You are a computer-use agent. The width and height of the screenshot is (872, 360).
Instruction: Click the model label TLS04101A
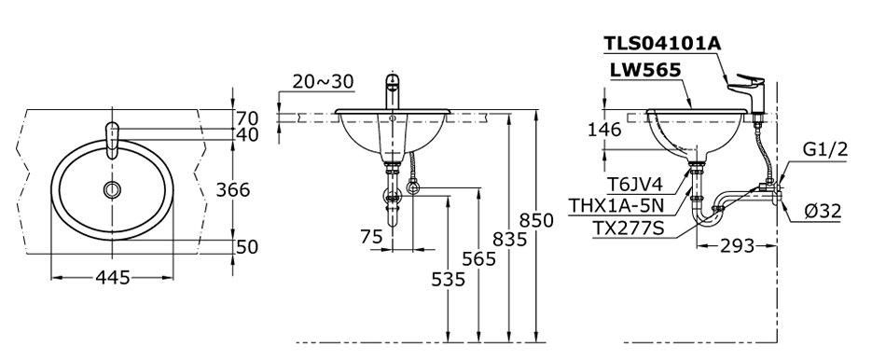pos(662,44)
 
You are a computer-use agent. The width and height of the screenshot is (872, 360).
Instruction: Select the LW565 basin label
pos(645,70)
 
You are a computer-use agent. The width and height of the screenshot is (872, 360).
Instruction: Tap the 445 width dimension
pos(112,277)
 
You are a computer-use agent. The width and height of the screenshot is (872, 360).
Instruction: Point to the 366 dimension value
pos(233,189)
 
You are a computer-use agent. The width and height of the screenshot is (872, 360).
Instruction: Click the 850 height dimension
pos(536,220)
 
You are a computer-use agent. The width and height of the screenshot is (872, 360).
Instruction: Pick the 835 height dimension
pos(509,240)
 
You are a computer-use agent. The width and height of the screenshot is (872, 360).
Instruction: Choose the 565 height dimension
pos(478,258)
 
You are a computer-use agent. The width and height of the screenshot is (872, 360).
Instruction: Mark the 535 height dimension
pos(449,279)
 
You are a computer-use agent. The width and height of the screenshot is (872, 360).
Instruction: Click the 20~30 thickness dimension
pos(323,82)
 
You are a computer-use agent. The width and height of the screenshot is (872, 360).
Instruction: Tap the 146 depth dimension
pos(604,131)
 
